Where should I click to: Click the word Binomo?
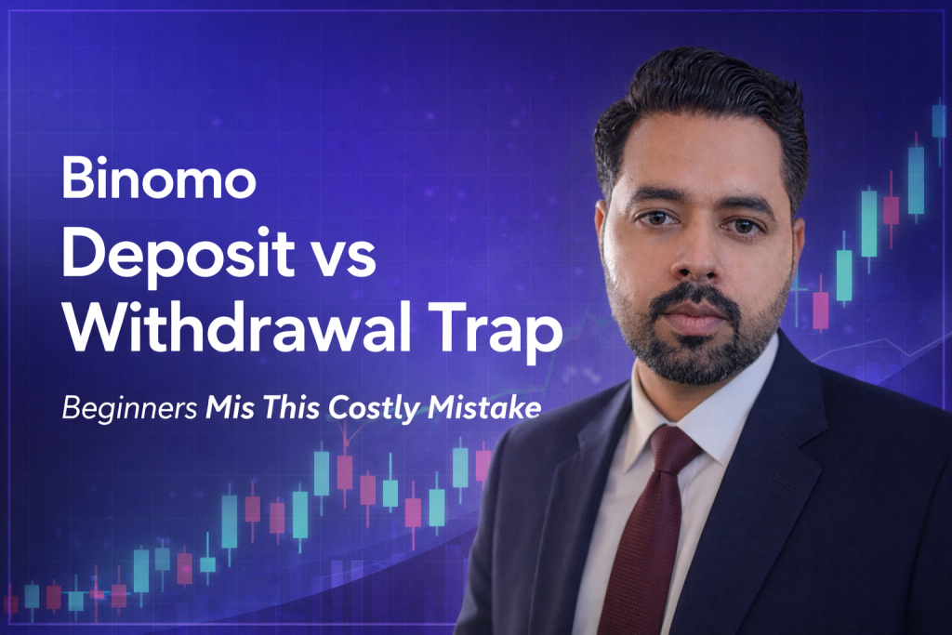coord(159,179)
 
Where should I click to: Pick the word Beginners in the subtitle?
coord(129,408)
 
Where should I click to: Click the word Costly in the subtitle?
coord(374,408)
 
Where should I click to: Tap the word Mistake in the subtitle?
coord(484,407)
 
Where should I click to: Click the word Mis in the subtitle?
coord(231,407)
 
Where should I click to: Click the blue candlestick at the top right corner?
coord(939,121)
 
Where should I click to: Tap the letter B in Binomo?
coord(76,179)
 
